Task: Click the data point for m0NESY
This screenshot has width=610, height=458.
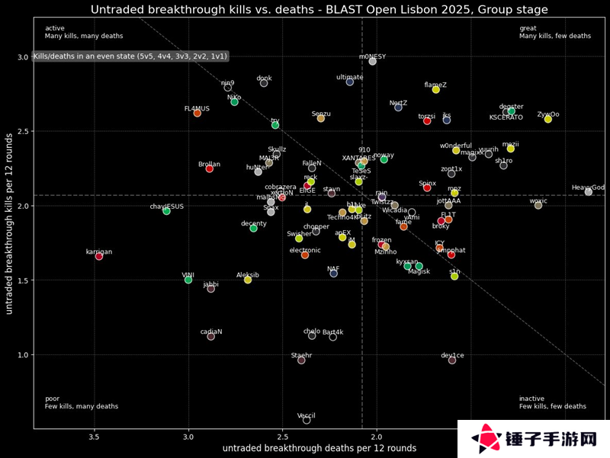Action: pos(372,61)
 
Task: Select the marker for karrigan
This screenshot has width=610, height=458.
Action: pos(99,256)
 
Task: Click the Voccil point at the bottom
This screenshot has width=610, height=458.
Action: pos(307,420)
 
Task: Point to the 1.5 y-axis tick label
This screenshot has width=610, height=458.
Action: pos(23,280)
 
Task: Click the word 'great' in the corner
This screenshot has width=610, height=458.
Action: pos(528,28)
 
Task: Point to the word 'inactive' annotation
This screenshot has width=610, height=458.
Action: pos(532,399)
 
